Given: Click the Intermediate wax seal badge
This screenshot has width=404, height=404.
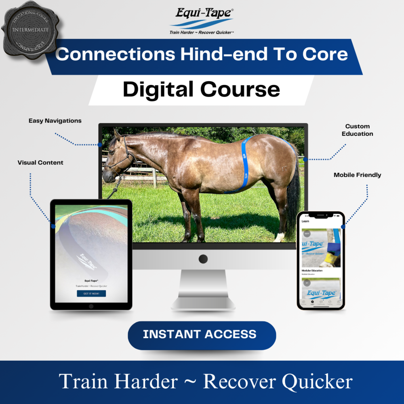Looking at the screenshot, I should [x=30, y=29].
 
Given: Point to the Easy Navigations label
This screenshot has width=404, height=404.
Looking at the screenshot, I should [x=55, y=121].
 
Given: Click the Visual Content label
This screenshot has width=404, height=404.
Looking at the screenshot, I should [x=40, y=162].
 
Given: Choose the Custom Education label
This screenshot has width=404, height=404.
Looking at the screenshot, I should [x=357, y=130].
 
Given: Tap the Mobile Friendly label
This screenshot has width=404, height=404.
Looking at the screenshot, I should [x=357, y=175].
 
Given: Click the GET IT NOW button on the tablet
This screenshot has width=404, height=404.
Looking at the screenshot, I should [x=91, y=293].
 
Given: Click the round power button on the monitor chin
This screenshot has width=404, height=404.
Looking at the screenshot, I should [x=203, y=259].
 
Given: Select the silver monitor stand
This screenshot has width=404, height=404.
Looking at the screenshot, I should [x=203, y=289].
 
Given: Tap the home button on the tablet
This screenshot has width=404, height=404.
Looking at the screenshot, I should [x=91, y=306].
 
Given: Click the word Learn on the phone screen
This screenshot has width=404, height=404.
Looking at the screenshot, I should [x=305, y=221].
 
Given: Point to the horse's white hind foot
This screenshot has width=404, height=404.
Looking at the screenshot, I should [x=279, y=237].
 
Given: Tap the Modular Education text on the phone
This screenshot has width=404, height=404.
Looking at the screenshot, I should [x=312, y=271].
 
